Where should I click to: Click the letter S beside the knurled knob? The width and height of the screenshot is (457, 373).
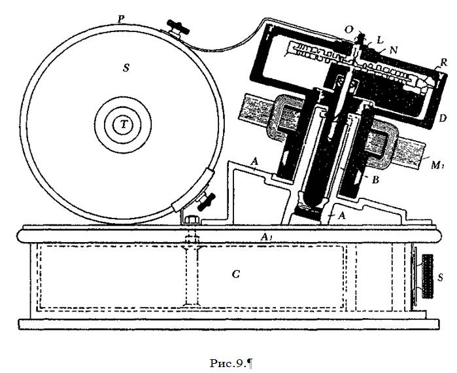tap(440, 277)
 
